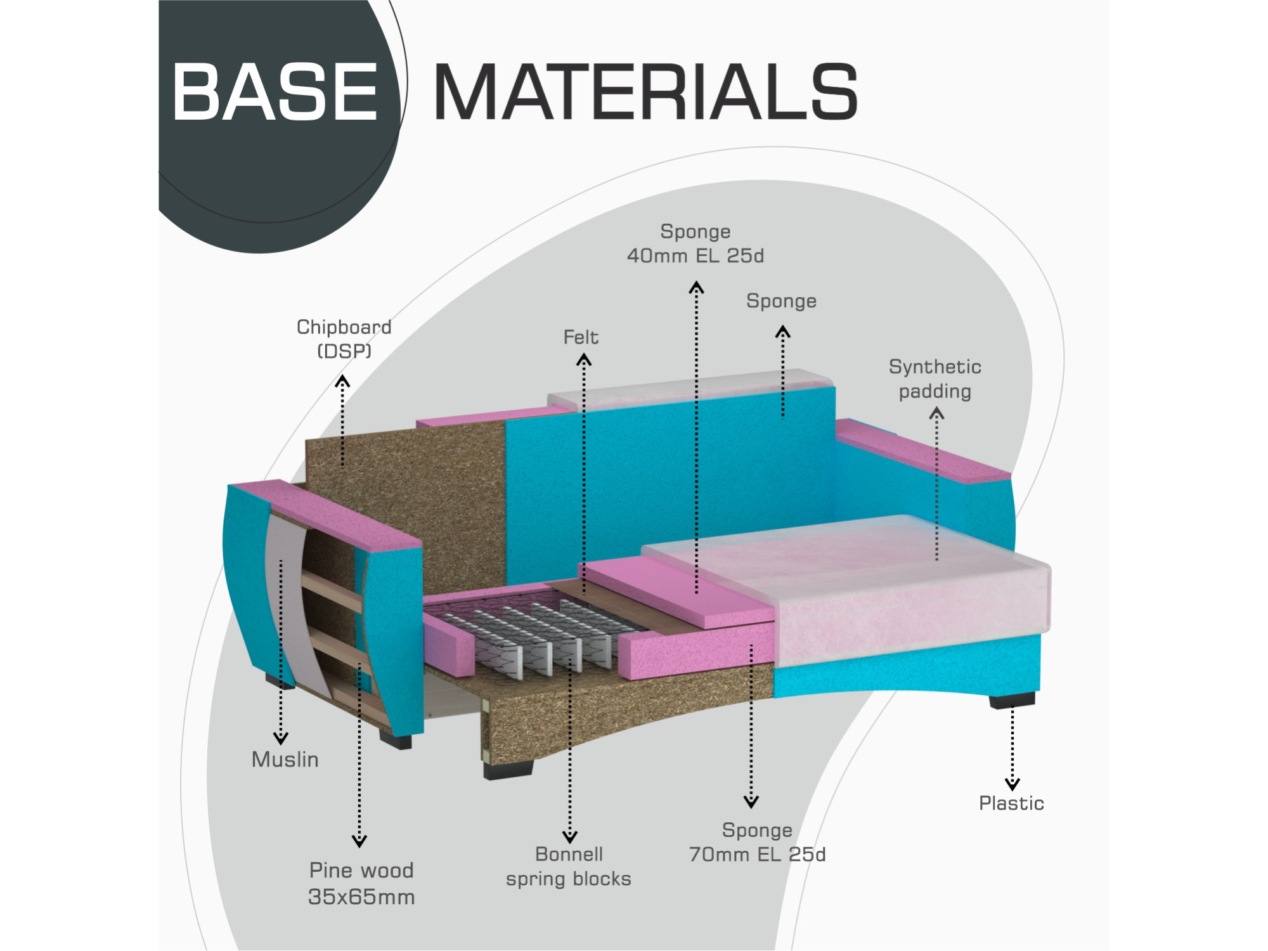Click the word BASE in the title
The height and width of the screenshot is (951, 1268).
coord(275,92)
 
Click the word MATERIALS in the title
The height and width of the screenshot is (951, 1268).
coord(645,92)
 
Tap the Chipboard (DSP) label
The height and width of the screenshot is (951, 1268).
coord(344,339)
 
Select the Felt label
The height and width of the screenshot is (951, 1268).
coord(581,337)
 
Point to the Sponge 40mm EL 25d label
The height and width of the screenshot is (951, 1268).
coord(695,243)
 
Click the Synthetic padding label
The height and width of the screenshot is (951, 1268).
coord(935,378)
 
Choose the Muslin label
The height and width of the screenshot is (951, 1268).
coord(285,759)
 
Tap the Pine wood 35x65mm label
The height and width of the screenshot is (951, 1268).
coord(361,883)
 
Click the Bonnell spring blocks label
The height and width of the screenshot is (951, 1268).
coord(569,866)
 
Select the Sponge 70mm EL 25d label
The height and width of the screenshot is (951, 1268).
coord(757,842)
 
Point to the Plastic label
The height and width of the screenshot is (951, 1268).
coord(1011,803)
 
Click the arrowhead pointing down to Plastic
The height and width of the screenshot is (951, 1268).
coord(1012,784)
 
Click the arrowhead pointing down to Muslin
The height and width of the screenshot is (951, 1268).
coord(281,738)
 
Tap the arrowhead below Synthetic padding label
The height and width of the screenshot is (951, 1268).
coord(936,414)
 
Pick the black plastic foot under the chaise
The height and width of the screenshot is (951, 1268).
coord(1012,700)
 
